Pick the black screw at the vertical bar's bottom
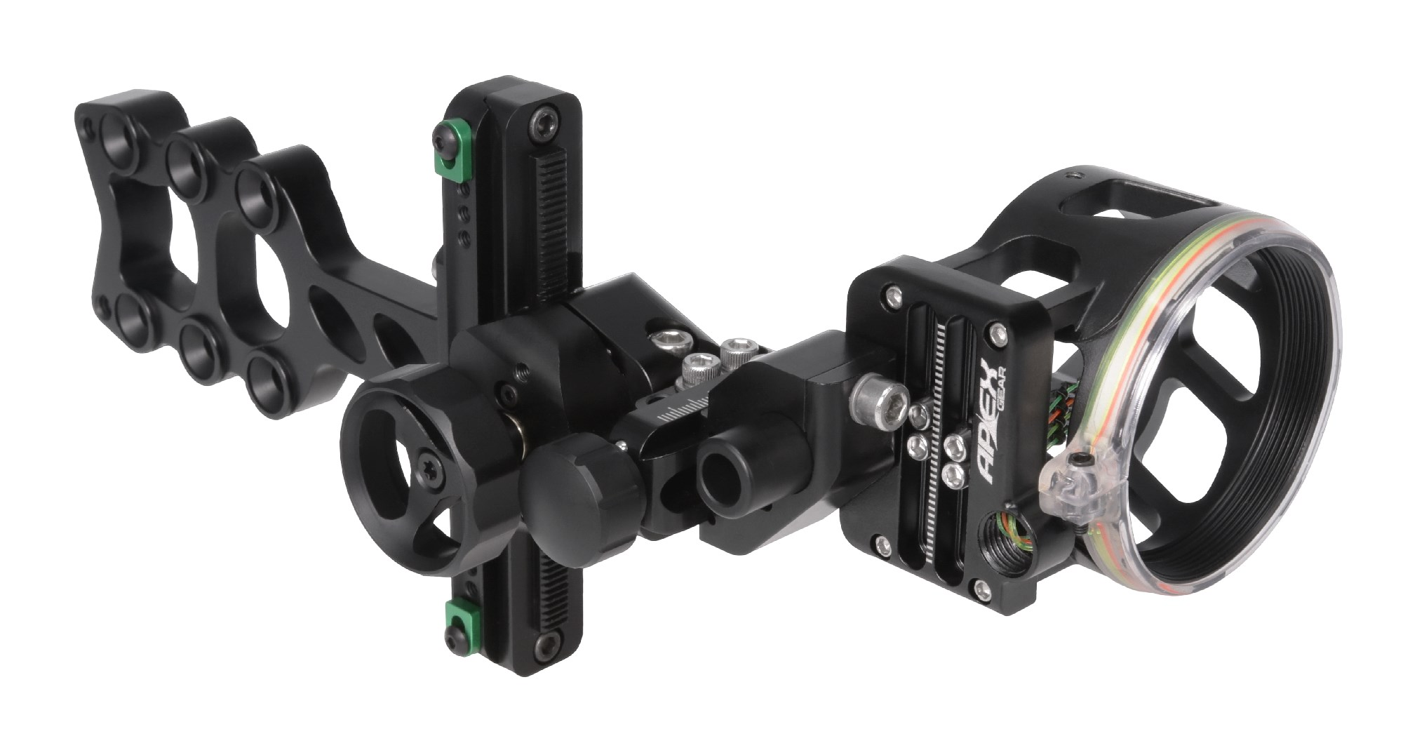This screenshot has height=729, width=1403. (544, 645)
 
